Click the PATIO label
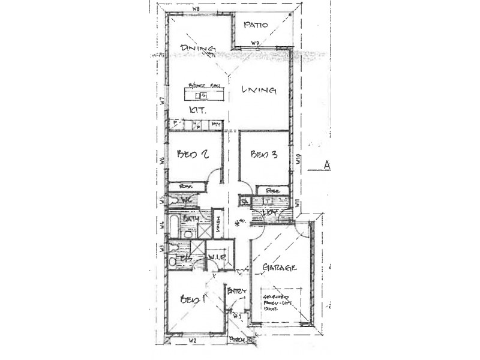[256, 25]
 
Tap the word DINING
[198, 49]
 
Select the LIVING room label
[259, 91]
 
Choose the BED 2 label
[193, 154]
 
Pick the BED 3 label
[264, 154]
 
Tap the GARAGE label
[280, 268]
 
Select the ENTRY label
[237, 291]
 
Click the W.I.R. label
[215, 257]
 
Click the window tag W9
[255, 43]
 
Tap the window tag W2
[193, 341]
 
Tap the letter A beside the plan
[328, 165]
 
